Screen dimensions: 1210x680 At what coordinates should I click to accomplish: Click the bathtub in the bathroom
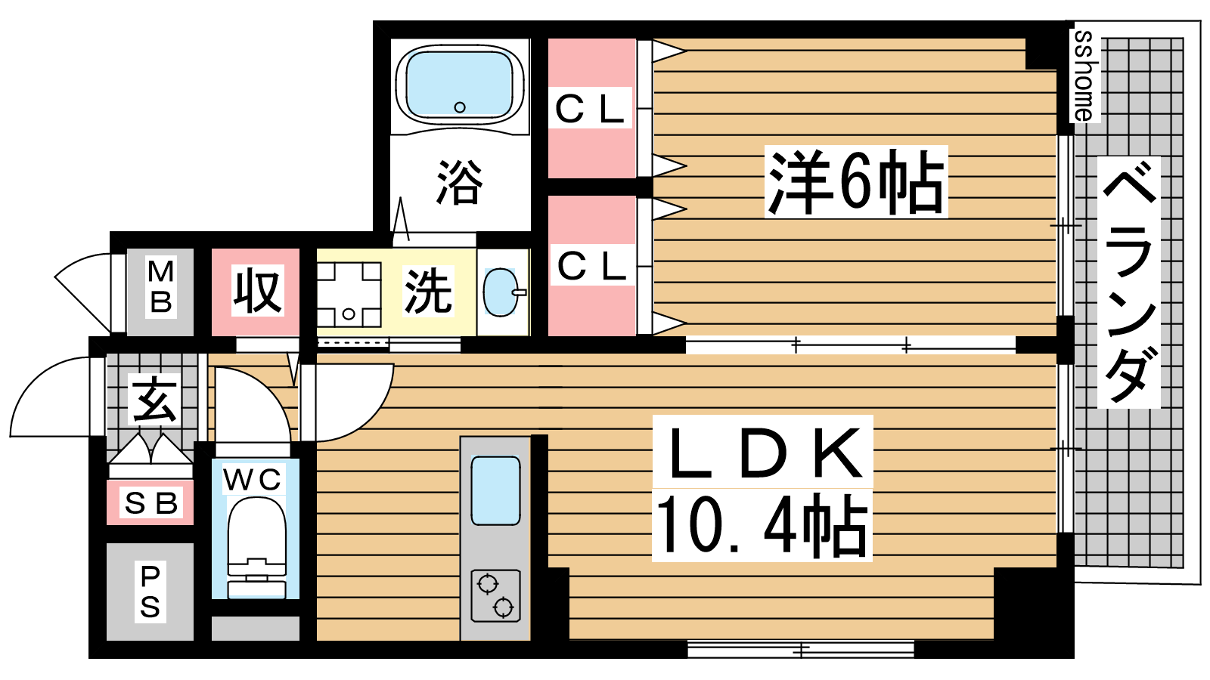(x=459, y=85)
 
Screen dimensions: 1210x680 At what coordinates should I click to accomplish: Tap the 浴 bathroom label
(x=459, y=182)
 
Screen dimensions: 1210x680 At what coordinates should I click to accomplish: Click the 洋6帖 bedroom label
(x=856, y=182)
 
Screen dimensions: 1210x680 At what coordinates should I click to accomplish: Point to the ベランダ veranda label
(x=1129, y=282)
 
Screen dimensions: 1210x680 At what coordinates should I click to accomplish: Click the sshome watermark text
(x=1084, y=76)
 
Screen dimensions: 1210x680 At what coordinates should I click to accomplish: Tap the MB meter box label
(x=160, y=286)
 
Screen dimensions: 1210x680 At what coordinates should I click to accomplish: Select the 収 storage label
(x=257, y=290)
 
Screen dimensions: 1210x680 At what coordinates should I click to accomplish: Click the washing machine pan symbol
(x=349, y=294)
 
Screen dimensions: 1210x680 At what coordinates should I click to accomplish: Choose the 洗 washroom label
(x=428, y=291)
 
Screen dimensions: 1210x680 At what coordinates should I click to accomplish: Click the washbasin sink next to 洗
(x=501, y=292)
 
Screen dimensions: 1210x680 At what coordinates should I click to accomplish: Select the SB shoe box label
(x=150, y=503)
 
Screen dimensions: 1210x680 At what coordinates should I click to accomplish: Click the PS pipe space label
(x=150, y=592)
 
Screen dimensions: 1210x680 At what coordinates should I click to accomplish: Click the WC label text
(x=253, y=479)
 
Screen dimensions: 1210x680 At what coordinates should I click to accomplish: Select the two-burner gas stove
(x=495, y=596)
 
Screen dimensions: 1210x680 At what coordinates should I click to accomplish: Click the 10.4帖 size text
(x=762, y=525)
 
